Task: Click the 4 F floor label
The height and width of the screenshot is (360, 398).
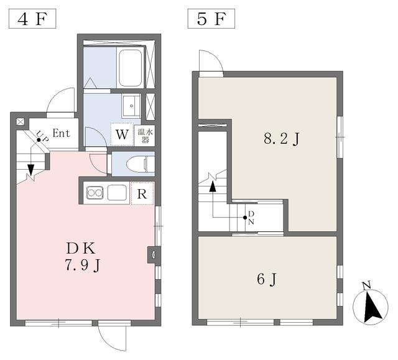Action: click(32, 19)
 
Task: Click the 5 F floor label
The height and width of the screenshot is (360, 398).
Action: click(211, 19)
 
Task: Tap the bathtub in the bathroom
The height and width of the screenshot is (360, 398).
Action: click(131, 68)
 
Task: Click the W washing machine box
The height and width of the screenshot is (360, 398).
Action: click(122, 134)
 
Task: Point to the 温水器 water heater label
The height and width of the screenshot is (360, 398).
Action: click(146, 136)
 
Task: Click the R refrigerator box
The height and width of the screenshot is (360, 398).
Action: click(142, 193)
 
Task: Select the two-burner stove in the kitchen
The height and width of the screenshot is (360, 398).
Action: click(95, 193)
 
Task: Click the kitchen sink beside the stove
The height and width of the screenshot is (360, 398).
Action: click(117, 193)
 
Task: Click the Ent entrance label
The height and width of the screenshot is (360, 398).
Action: click(61, 133)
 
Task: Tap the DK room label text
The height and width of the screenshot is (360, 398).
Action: click(81, 249)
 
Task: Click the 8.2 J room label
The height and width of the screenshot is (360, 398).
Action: click(282, 139)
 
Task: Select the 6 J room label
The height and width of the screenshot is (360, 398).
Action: click(266, 280)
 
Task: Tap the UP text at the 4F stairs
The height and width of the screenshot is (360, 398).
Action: click(42, 136)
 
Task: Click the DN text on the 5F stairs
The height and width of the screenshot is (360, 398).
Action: click(251, 217)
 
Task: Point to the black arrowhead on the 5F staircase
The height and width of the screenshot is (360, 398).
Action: click(213, 187)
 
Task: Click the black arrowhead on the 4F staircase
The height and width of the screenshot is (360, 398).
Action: click(30, 170)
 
